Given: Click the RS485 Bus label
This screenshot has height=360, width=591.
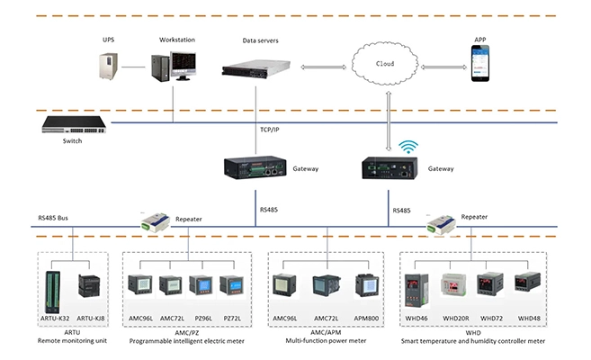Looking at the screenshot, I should point(55,217).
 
